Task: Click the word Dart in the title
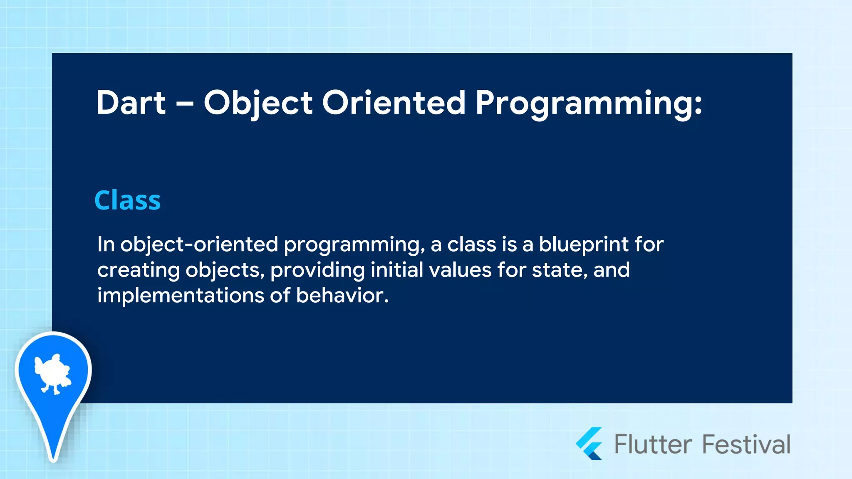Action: (x=131, y=103)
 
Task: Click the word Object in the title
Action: (x=258, y=103)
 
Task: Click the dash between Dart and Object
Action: (x=185, y=104)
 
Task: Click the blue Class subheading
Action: (x=127, y=200)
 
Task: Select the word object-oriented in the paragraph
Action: (x=199, y=244)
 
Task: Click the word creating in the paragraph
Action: (x=138, y=270)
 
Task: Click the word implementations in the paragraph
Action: (x=181, y=296)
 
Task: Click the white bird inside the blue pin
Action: (x=52, y=373)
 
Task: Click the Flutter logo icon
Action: (x=589, y=444)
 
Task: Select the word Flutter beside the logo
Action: (x=653, y=444)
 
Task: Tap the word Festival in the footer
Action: (x=746, y=444)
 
